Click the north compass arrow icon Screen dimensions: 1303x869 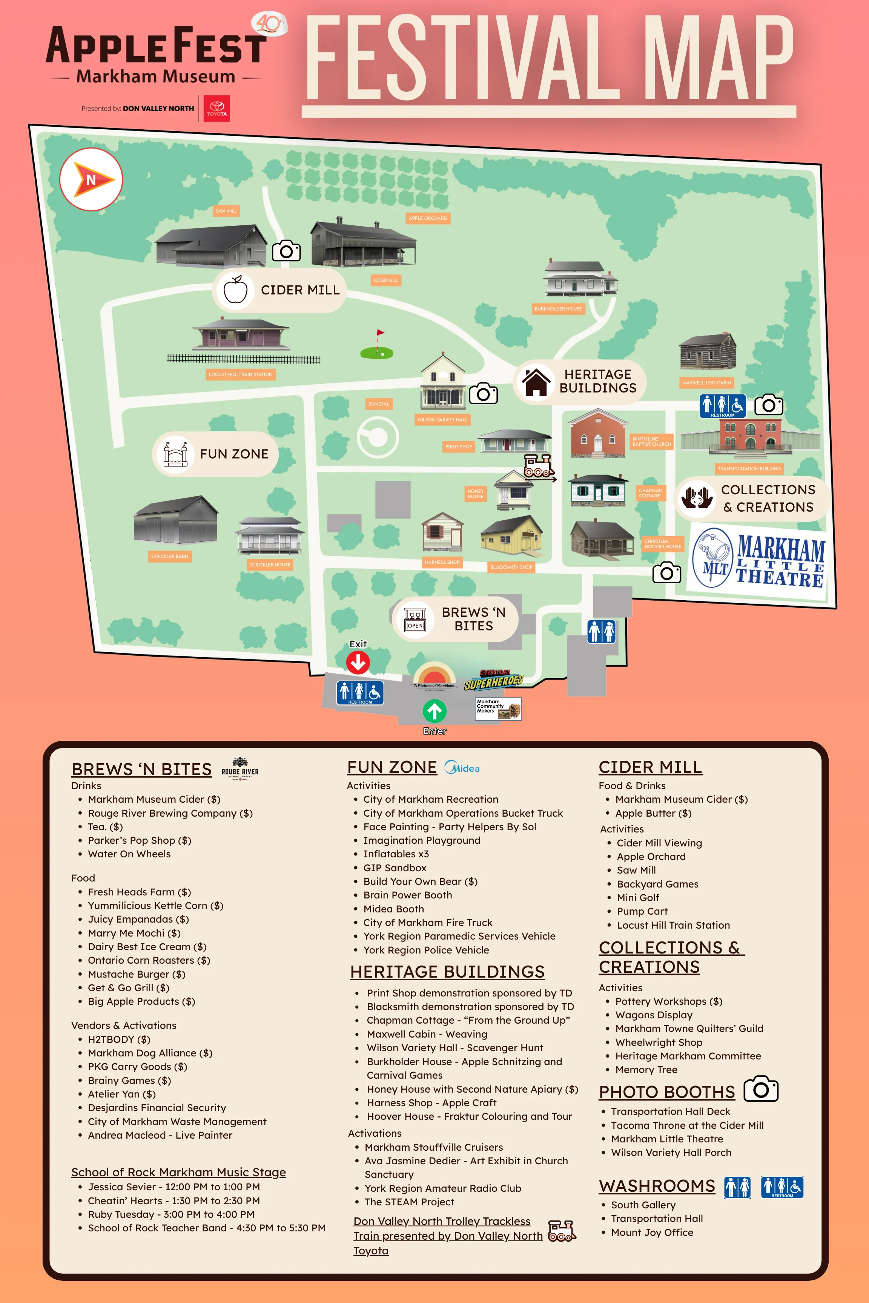click(91, 179)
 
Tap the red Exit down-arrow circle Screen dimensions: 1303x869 click(358, 662)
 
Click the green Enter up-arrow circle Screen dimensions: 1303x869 click(434, 711)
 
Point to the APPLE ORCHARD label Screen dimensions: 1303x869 click(427, 218)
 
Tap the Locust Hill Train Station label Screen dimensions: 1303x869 click(241, 374)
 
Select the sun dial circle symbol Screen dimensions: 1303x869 click(378, 437)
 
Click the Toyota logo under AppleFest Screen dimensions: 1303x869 click(217, 109)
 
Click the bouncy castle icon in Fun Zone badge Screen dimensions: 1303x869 click(175, 454)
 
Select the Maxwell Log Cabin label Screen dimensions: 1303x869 click(706, 382)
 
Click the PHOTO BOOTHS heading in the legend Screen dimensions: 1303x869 click(667, 1091)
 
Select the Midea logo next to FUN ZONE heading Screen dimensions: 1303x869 click(462, 768)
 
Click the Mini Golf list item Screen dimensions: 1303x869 click(638, 897)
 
